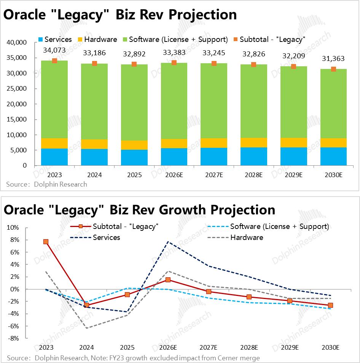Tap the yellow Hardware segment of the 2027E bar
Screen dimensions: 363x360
click(x=213, y=143)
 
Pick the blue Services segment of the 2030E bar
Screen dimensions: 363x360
click(x=333, y=156)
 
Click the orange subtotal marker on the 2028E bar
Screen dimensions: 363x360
click(x=253, y=64)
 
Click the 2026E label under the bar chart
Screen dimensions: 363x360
click(x=174, y=175)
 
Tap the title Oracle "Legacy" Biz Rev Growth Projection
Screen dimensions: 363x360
click(x=139, y=210)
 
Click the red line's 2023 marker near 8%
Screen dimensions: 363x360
click(x=46, y=241)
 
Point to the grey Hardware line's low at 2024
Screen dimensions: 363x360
click(x=87, y=328)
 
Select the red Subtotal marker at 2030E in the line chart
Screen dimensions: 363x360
click(x=330, y=305)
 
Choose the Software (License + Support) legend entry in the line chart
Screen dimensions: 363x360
click(x=279, y=226)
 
